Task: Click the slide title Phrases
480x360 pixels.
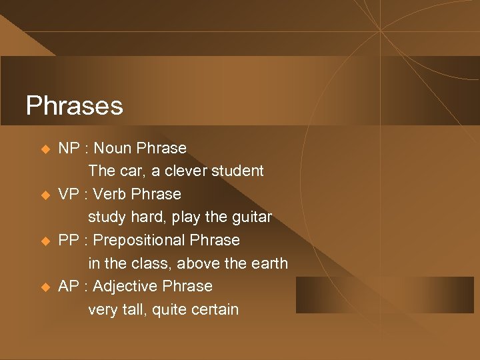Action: (74, 105)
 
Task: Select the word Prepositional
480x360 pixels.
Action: (140, 240)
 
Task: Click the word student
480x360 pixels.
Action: (238, 171)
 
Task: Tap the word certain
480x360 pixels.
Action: (214, 310)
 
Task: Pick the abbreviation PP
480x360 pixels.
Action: (69, 240)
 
